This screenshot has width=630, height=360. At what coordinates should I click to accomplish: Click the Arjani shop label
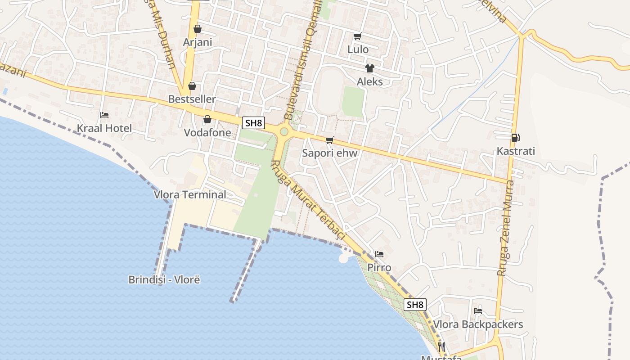[197, 42]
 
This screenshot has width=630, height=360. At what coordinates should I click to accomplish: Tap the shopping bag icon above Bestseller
[192, 86]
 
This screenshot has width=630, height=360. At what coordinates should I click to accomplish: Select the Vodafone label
[207, 133]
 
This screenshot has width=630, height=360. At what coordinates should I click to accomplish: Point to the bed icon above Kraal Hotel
[104, 115]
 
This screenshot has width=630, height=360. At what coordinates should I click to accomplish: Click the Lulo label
[358, 49]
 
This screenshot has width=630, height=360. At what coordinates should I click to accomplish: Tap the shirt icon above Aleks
[370, 68]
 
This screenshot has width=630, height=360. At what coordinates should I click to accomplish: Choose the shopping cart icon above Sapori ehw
[330, 140]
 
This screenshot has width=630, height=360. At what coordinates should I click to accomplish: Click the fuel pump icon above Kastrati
[516, 138]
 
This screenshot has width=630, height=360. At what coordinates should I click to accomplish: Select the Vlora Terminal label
[190, 195]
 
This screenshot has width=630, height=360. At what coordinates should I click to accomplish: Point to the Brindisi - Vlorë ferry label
[164, 280]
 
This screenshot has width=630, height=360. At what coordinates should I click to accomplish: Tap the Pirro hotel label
[379, 268]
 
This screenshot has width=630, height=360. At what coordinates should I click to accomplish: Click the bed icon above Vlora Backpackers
[478, 311]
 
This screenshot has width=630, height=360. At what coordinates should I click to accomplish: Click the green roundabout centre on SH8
[284, 131]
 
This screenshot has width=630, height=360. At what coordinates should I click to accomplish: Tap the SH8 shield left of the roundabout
[253, 123]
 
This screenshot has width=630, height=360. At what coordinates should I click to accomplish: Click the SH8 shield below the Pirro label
[415, 305]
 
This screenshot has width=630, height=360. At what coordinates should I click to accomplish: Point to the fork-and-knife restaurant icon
[441, 346]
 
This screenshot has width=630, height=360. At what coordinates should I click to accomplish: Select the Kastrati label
[516, 151]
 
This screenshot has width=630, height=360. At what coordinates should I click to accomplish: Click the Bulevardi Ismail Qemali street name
[304, 61]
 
